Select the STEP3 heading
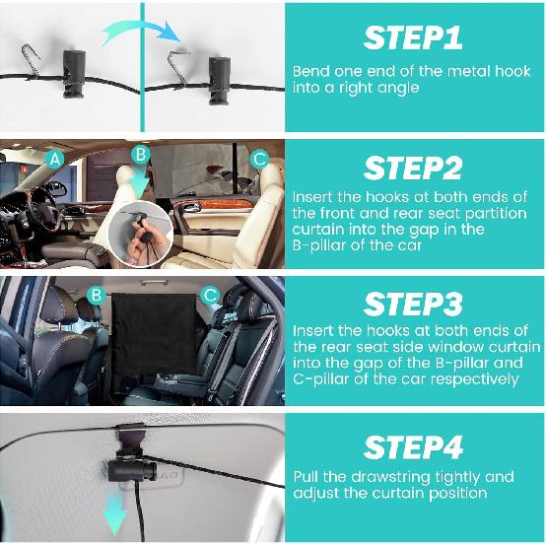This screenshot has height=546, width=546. [x=414, y=302]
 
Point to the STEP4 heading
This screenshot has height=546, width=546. [x=414, y=446]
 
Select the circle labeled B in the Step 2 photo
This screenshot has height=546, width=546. [x=142, y=156]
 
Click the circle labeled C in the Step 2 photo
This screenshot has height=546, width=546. [x=259, y=158]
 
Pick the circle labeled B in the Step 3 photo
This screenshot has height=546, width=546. [x=96, y=294]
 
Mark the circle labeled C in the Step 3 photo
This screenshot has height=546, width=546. [x=210, y=294]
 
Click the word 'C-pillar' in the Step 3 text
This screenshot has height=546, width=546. [x=322, y=378]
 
